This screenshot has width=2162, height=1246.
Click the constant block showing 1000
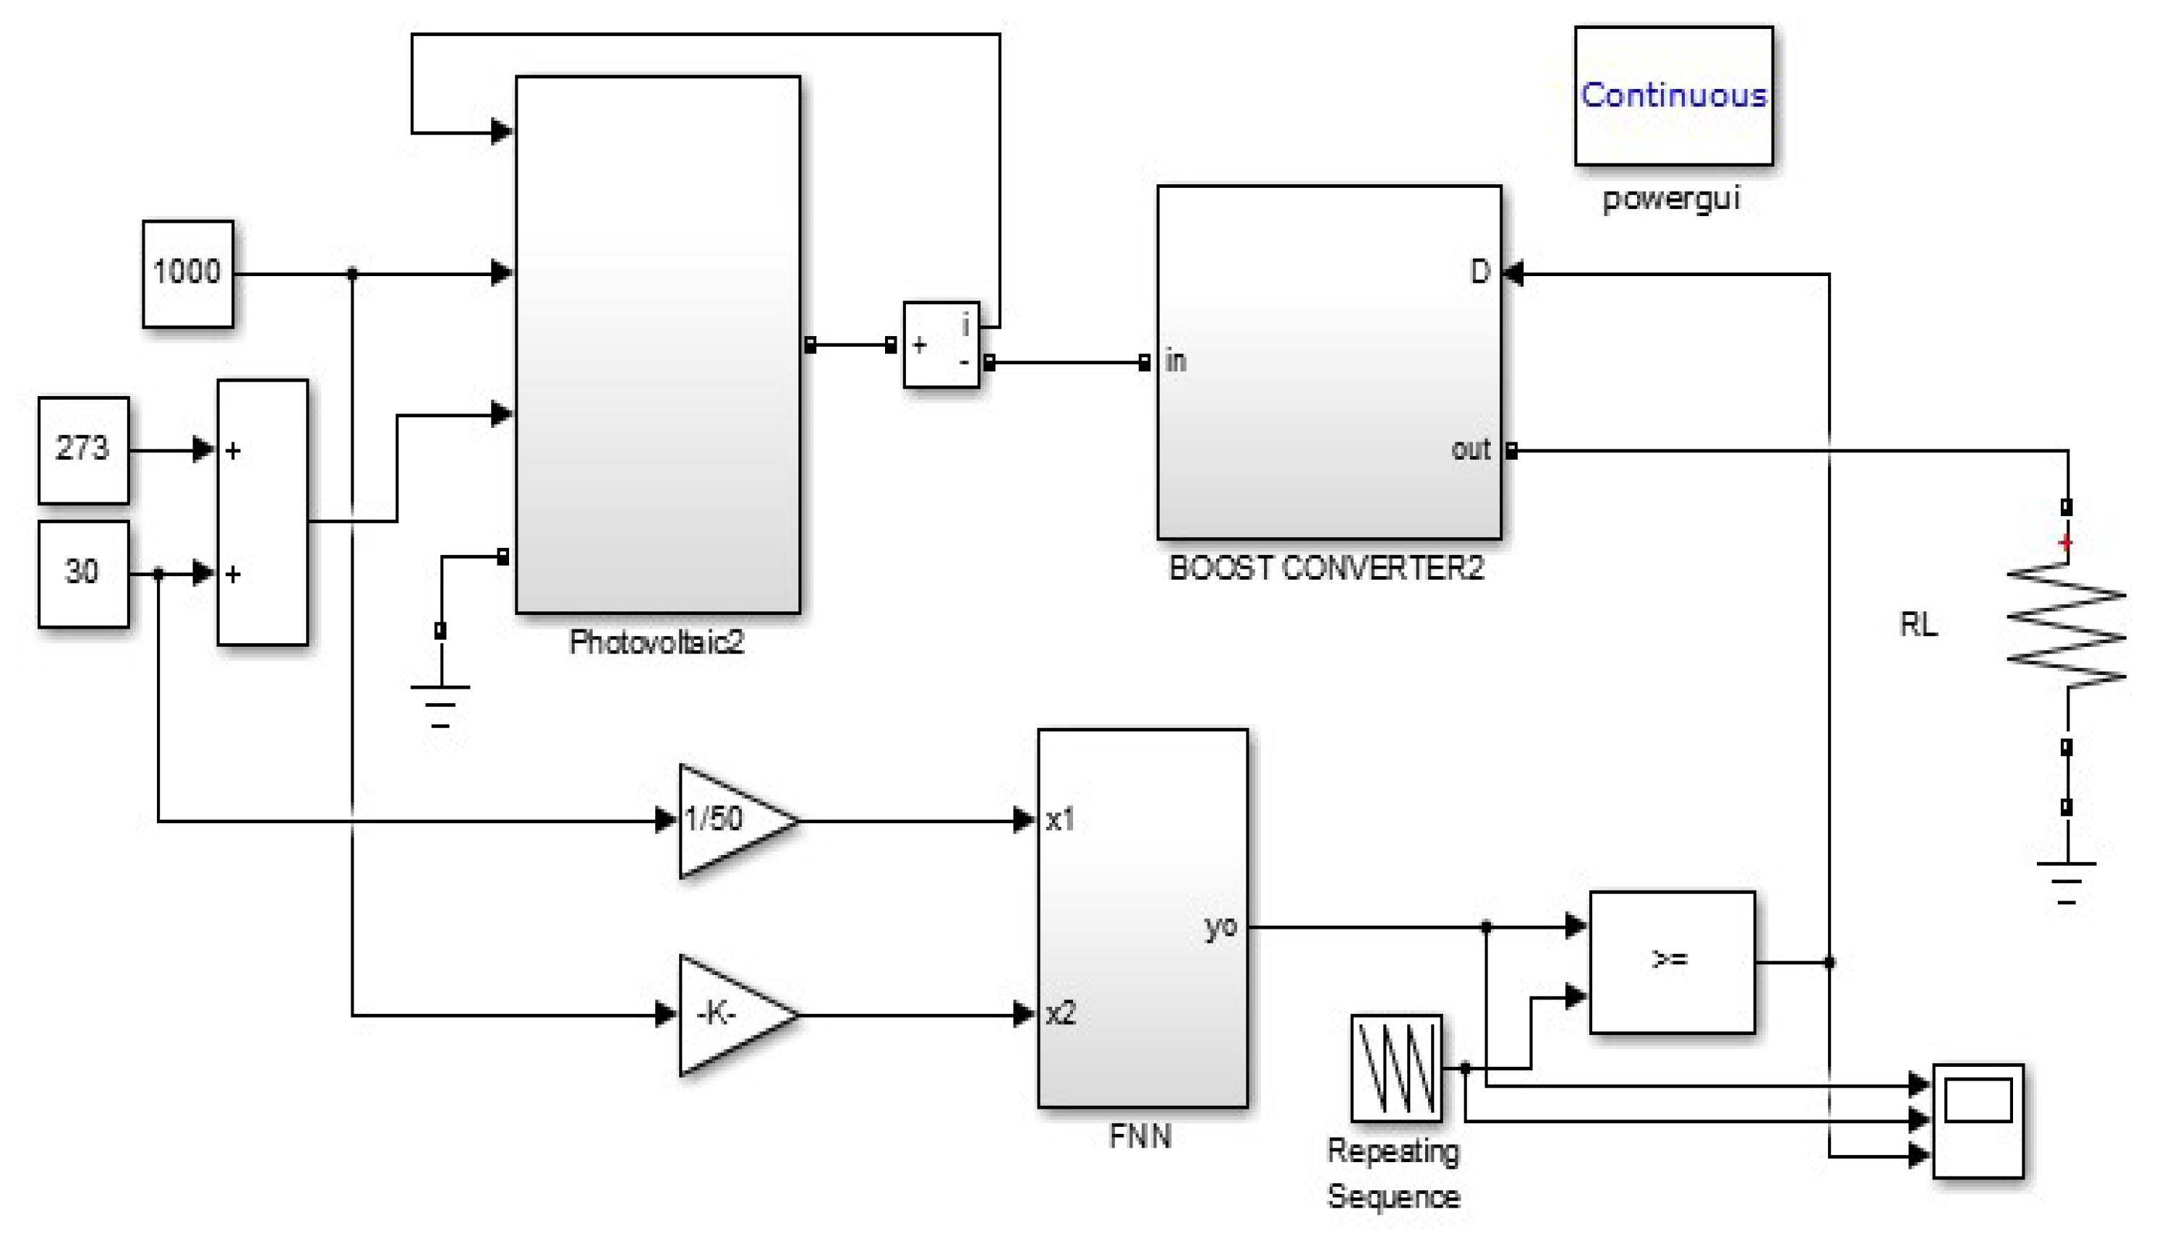coord(187,273)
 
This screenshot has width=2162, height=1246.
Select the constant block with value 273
coord(83,450)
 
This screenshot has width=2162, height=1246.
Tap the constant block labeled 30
coord(83,572)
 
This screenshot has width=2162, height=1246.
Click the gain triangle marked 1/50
coord(727,820)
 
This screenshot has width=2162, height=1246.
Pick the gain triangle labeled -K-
coord(727,1014)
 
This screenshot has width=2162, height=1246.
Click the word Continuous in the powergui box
coord(1672,95)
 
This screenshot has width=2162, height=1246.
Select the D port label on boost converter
coord(1479,272)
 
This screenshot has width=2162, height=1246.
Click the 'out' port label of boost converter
coord(1471,450)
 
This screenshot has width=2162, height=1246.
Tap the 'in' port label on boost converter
coord(1175,361)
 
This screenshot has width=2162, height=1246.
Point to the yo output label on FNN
coord(1221,926)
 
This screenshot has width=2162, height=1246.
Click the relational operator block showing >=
coord(1671,961)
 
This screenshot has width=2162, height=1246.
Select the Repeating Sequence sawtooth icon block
coord(1395,1067)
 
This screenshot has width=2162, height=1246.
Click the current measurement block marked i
coord(941,344)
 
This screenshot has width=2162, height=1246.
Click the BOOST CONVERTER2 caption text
coord(1326,568)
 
